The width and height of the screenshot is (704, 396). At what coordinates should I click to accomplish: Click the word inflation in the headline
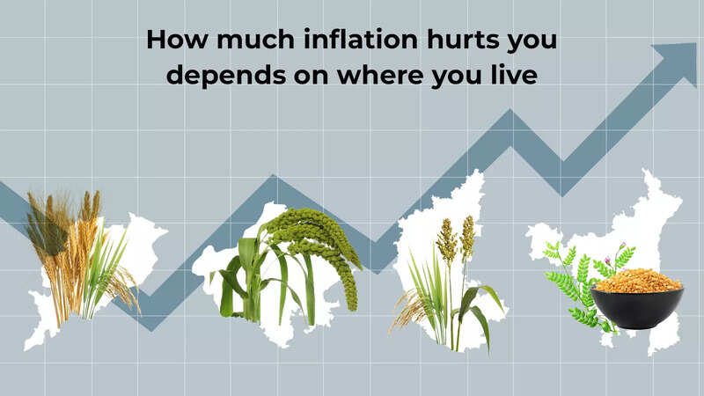tap(361, 39)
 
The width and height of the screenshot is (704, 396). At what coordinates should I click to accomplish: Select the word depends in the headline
tap(226, 75)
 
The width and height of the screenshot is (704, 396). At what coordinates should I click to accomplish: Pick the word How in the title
tap(177, 39)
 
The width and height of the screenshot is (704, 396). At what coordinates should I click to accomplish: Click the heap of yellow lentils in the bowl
tap(637, 281)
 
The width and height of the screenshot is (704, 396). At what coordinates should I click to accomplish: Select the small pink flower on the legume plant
tap(622, 246)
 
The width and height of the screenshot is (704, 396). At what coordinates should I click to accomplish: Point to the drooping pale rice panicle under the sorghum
tap(407, 310)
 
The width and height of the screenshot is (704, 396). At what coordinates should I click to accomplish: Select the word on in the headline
tap(311, 77)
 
